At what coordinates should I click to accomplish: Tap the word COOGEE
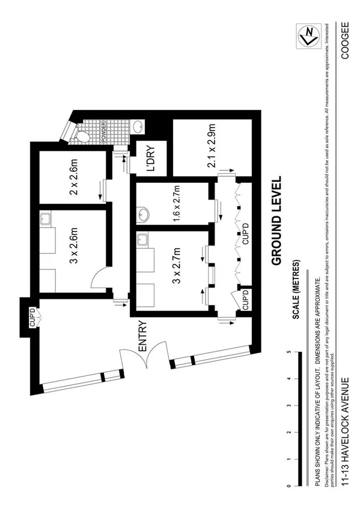[344, 40]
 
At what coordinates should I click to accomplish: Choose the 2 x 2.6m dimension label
[73, 178]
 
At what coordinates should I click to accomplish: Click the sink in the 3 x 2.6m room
[46, 220]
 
